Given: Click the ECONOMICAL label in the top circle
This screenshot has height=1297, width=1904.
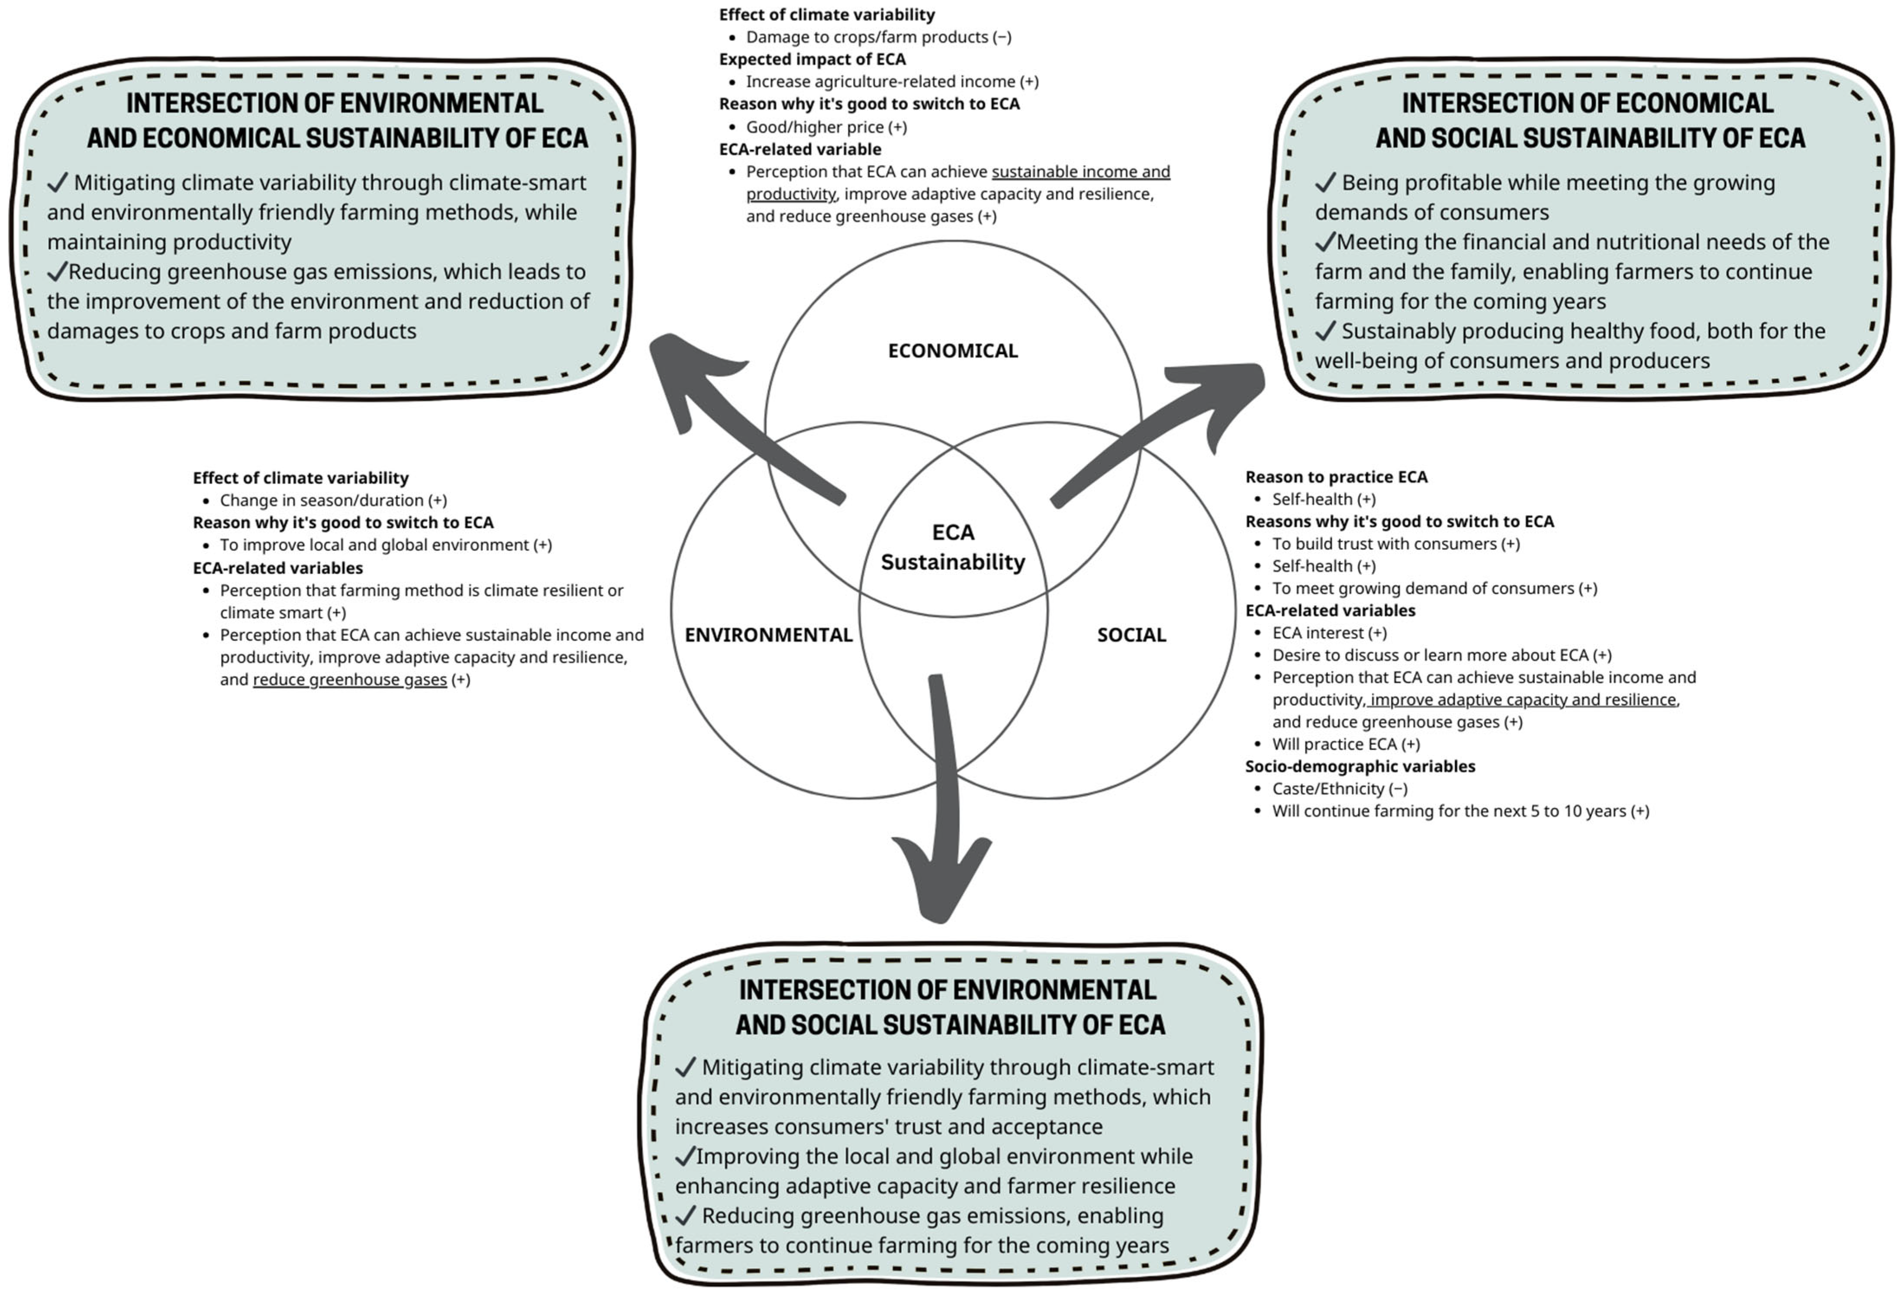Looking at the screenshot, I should (953, 351).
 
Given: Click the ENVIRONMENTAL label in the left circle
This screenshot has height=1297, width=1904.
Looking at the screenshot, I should (769, 635).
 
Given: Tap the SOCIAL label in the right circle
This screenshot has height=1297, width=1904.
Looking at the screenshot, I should (1131, 635).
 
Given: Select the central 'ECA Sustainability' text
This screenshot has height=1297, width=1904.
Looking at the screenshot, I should (953, 547).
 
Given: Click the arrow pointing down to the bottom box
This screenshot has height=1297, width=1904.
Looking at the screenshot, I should (944, 877).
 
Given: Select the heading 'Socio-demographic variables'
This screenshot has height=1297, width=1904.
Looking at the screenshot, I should (1360, 767).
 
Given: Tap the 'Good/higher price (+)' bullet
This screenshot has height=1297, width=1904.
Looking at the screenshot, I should (826, 127).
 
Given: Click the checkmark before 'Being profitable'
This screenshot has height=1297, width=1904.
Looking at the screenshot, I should (1326, 183).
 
